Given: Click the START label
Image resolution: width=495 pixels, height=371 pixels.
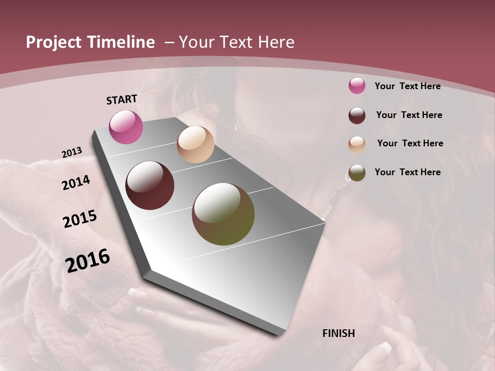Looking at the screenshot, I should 122,99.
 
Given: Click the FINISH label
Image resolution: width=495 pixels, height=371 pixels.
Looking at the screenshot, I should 338,333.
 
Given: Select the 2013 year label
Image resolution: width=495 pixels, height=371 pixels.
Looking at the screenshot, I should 72,153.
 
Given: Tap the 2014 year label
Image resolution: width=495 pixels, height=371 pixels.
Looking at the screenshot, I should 76,183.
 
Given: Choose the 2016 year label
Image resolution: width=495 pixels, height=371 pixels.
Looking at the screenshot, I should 88,261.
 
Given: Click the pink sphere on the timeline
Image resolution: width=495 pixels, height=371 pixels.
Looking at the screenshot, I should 126,127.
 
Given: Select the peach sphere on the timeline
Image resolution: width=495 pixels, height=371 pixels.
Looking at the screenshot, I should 195,144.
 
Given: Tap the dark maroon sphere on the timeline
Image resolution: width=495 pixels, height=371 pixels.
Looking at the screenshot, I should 150,185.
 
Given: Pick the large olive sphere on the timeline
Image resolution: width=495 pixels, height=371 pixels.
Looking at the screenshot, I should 223,214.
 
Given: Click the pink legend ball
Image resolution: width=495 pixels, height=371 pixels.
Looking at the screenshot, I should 357,86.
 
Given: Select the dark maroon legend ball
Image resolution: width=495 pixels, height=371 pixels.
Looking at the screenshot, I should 357,115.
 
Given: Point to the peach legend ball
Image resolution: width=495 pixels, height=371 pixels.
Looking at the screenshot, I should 357,144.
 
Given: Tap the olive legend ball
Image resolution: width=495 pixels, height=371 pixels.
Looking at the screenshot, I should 357,173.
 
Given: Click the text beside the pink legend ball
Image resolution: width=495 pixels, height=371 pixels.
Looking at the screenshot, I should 407,86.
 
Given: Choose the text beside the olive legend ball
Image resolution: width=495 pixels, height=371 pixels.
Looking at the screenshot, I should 407,172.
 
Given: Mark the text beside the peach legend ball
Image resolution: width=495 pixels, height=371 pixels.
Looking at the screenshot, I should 410,143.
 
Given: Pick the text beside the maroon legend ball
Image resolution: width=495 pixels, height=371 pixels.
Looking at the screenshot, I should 409,115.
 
